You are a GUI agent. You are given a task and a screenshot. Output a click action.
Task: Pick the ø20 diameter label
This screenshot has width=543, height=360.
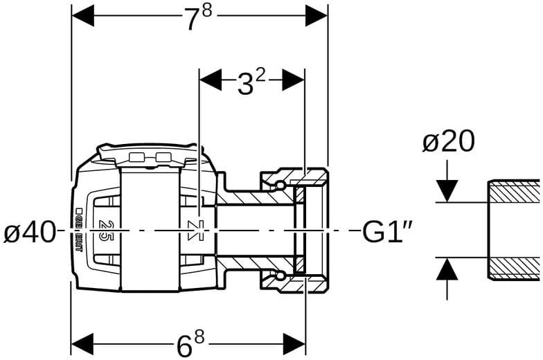[x=448, y=142]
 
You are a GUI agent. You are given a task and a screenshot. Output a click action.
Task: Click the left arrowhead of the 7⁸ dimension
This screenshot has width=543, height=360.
[x=82, y=15]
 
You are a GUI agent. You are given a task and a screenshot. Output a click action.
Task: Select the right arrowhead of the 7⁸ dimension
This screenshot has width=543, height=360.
[x=317, y=15]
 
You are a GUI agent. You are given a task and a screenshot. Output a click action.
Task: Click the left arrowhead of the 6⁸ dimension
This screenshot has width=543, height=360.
[x=82, y=342]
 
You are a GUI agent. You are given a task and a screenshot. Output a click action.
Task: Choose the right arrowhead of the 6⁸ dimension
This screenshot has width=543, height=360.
[x=294, y=342]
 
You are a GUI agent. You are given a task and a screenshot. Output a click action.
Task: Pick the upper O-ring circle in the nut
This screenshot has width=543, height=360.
[x=278, y=185]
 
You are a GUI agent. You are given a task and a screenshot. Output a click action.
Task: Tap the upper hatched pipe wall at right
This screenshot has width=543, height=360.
[x=514, y=191]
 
